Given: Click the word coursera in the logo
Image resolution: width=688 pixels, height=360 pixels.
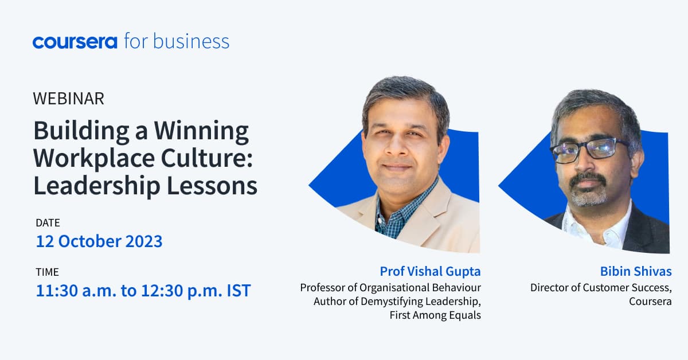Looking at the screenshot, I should point(75,42).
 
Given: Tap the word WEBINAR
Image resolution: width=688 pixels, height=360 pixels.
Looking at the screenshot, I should point(69,99).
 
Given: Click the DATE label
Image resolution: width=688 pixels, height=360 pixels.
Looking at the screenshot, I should point(48,222).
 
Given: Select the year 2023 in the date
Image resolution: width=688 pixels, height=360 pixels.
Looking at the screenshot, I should point(141,241).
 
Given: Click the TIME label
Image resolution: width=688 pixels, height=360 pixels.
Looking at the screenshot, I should point(47,272).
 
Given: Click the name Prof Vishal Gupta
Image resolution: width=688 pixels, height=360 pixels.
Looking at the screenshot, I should point(430,271).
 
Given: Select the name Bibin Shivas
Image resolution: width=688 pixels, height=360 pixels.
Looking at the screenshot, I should point(635,271).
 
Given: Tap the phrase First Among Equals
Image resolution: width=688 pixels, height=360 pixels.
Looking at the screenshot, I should point(435,315).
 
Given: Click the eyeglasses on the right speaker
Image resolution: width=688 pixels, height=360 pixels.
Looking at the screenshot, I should point(587,148).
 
